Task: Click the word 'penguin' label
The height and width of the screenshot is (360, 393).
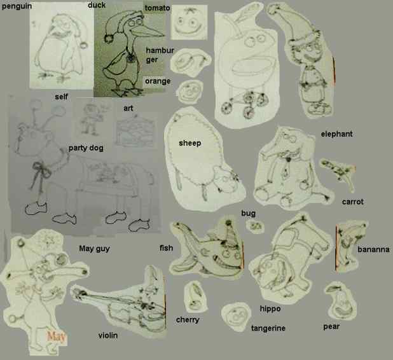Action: (x=17, y=6)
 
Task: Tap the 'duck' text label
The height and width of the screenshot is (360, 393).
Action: (x=97, y=5)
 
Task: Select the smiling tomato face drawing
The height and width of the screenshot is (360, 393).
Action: (x=189, y=22)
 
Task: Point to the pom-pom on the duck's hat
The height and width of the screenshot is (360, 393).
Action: (x=109, y=39)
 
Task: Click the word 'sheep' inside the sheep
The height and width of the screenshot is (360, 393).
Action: (x=190, y=143)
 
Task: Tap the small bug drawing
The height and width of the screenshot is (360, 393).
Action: (x=255, y=226)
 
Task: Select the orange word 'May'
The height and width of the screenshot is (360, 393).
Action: (x=56, y=336)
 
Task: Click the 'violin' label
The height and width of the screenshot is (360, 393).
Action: (x=107, y=335)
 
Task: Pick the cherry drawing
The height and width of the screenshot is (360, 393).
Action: (x=196, y=296)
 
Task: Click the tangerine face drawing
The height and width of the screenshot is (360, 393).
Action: (x=237, y=317)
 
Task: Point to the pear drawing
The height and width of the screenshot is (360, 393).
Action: (x=341, y=301)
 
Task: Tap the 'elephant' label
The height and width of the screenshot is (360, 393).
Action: (x=336, y=134)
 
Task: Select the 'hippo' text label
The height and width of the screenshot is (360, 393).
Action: (x=270, y=308)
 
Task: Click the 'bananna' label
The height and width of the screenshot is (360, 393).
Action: (x=373, y=249)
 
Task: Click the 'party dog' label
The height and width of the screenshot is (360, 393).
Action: (x=86, y=148)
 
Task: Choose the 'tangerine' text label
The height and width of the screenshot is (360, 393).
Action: (x=268, y=328)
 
